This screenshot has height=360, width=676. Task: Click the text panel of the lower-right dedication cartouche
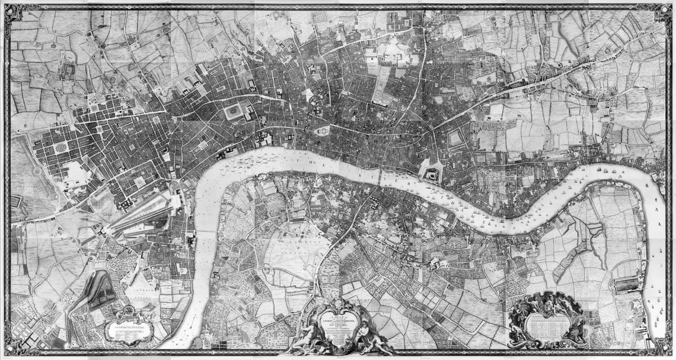click(549, 323)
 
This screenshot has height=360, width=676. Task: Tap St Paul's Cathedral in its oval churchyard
click(324, 130)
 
